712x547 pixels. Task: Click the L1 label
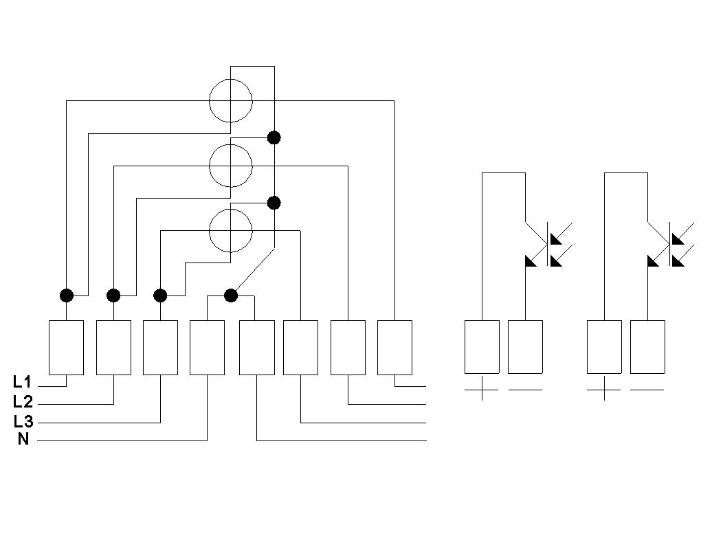22,382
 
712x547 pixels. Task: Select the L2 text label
23,401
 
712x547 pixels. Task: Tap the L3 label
23,421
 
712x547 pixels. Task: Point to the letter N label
23,439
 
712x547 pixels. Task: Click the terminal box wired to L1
66,348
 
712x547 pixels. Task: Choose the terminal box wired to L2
113,348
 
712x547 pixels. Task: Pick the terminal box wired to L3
160,348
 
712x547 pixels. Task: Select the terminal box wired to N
207,348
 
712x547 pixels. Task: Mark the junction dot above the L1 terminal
66,295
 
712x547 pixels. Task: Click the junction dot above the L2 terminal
113,295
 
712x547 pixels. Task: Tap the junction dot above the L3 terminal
160,295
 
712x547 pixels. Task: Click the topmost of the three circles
231,101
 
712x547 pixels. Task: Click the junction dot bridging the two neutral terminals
231,295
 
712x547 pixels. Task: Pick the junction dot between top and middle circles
274,137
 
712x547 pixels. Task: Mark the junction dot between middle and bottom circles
274,203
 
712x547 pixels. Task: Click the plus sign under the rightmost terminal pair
604,389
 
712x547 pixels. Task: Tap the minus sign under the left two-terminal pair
525,390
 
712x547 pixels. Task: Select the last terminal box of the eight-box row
394,348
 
